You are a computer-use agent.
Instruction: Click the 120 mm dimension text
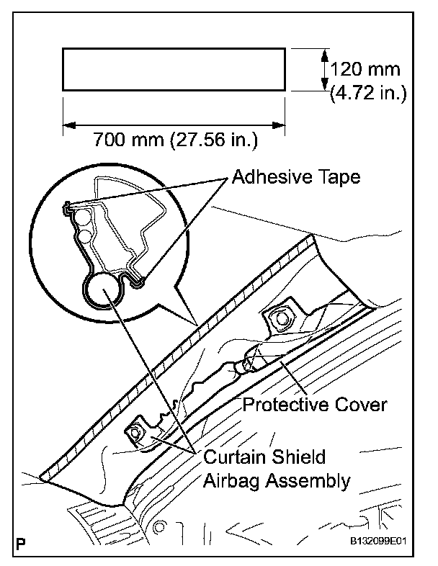(x=367, y=71)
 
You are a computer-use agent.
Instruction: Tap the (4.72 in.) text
(x=368, y=93)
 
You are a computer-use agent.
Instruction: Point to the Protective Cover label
(x=315, y=404)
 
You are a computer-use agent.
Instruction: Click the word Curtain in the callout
(x=233, y=457)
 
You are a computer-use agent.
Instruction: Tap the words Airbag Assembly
(x=277, y=480)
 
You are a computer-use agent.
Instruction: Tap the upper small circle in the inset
(x=83, y=217)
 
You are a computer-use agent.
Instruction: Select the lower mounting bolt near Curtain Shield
(x=136, y=435)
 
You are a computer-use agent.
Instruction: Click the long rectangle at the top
(x=174, y=69)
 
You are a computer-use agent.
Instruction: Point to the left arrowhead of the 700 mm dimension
(x=68, y=125)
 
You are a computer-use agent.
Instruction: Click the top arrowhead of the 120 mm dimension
(x=323, y=53)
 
